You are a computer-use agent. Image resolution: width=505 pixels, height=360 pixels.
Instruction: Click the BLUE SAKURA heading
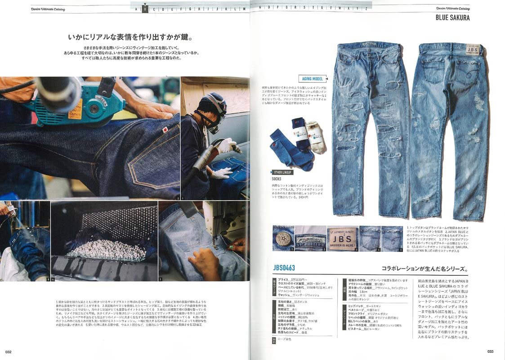click(x=452, y=18)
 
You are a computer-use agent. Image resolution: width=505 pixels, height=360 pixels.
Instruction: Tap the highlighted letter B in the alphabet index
click(x=145, y=8)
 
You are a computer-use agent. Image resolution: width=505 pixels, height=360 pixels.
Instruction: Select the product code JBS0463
click(x=284, y=268)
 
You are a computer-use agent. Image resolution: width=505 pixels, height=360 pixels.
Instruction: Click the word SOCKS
click(x=277, y=179)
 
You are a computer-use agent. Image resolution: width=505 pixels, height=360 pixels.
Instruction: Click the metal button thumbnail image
click(x=283, y=238)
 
